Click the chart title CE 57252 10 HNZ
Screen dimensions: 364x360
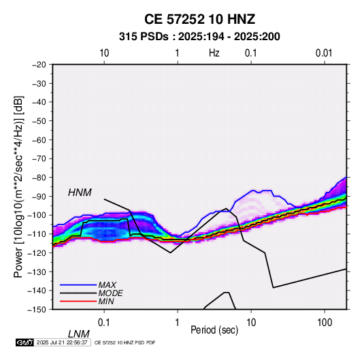(199, 19)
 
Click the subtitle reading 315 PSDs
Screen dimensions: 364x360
(144, 37)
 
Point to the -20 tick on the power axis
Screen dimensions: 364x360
(39, 65)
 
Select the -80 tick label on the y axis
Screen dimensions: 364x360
(39, 178)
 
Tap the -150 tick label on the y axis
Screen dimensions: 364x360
(37, 310)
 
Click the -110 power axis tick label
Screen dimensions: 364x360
(37, 234)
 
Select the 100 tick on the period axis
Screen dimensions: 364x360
(325, 323)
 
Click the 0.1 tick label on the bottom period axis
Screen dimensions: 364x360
(104, 323)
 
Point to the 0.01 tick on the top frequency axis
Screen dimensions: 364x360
(324, 53)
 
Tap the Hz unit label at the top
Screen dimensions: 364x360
(214, 53)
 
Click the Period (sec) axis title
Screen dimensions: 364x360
(214, 330)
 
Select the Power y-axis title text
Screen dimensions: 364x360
(18, 187)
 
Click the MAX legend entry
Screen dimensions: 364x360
(107, 284)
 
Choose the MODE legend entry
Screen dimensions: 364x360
(110, 293)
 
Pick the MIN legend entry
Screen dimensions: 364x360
(106, 301)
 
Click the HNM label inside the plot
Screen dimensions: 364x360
(80, 193)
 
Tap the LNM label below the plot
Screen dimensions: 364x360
(78, 334)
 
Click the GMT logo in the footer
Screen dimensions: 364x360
(25, 342)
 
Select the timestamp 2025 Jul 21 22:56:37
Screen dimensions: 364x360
(62, 342)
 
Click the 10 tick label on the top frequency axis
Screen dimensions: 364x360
(104, 53)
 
